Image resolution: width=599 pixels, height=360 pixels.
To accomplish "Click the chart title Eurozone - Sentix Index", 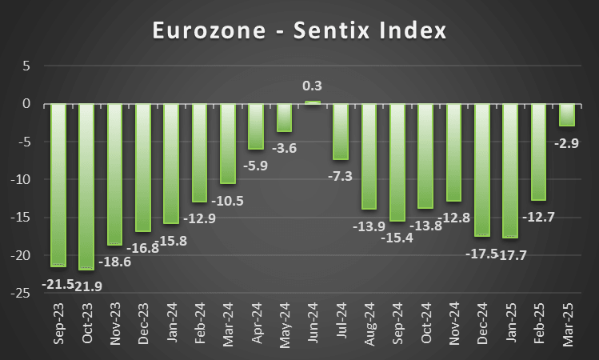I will pos(299,32).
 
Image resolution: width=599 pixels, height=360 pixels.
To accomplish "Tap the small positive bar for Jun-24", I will pos(313,102).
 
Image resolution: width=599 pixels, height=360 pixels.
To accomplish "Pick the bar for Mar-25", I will pos(566,115).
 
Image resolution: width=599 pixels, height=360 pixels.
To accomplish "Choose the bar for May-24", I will pos(284,118).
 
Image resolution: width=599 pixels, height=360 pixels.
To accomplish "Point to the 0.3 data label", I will pos(313,86).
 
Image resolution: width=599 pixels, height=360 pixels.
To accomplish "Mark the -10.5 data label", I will pos(228,200).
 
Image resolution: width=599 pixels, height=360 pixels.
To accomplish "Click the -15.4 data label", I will pos(397,238).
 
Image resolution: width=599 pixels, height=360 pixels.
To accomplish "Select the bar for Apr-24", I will pos(256,126).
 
